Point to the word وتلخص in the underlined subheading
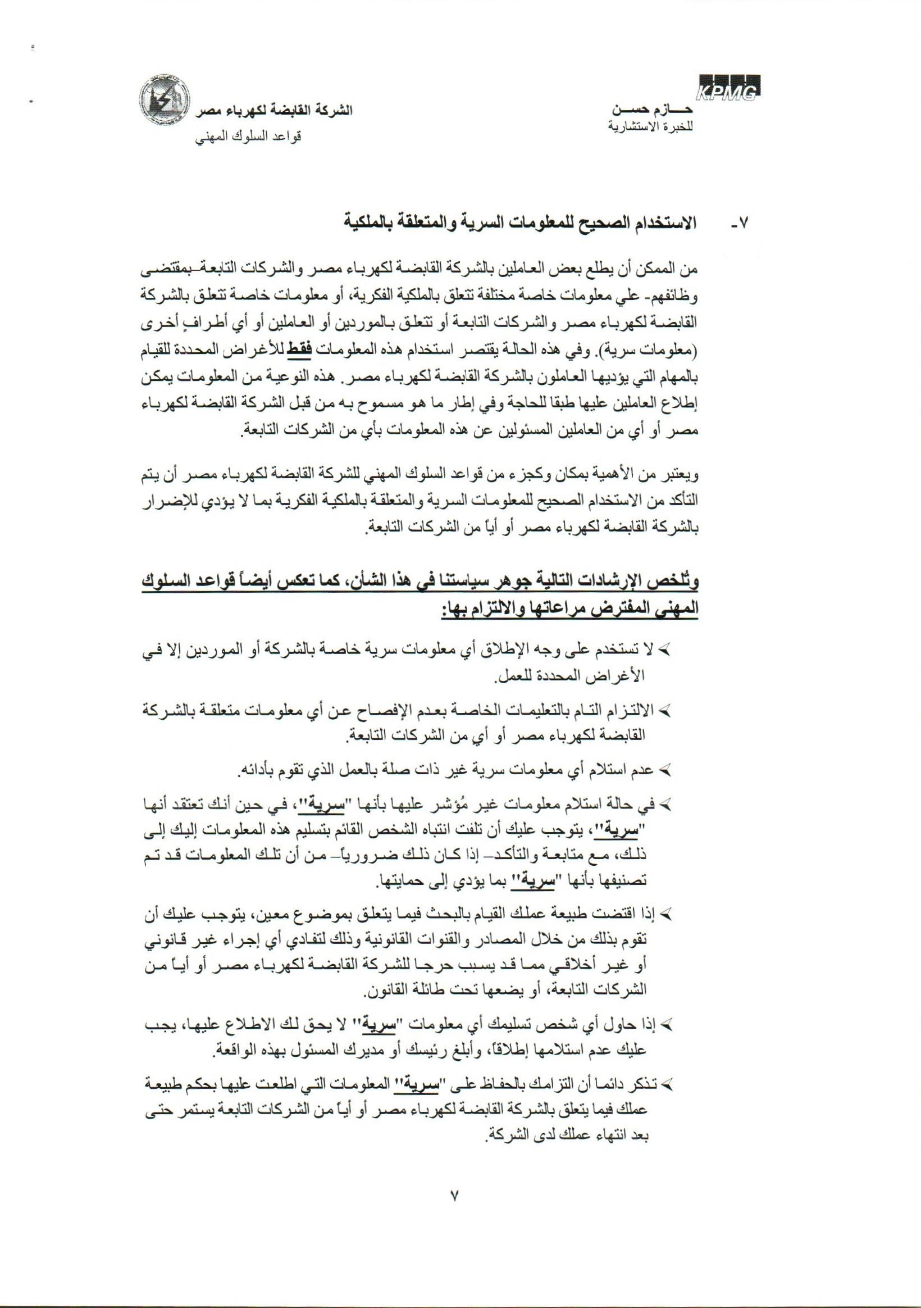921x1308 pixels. pos(680,584)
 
